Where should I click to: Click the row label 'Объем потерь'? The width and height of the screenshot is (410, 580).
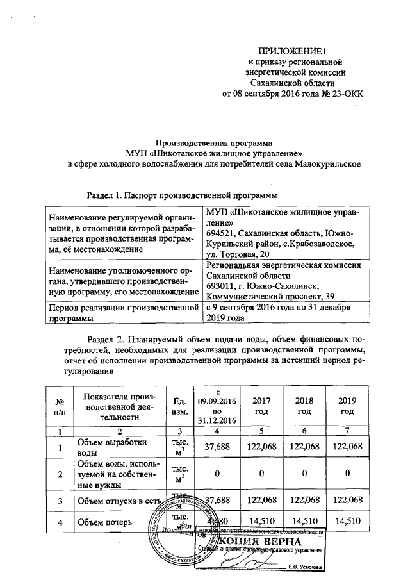click(x=104, y=522)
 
